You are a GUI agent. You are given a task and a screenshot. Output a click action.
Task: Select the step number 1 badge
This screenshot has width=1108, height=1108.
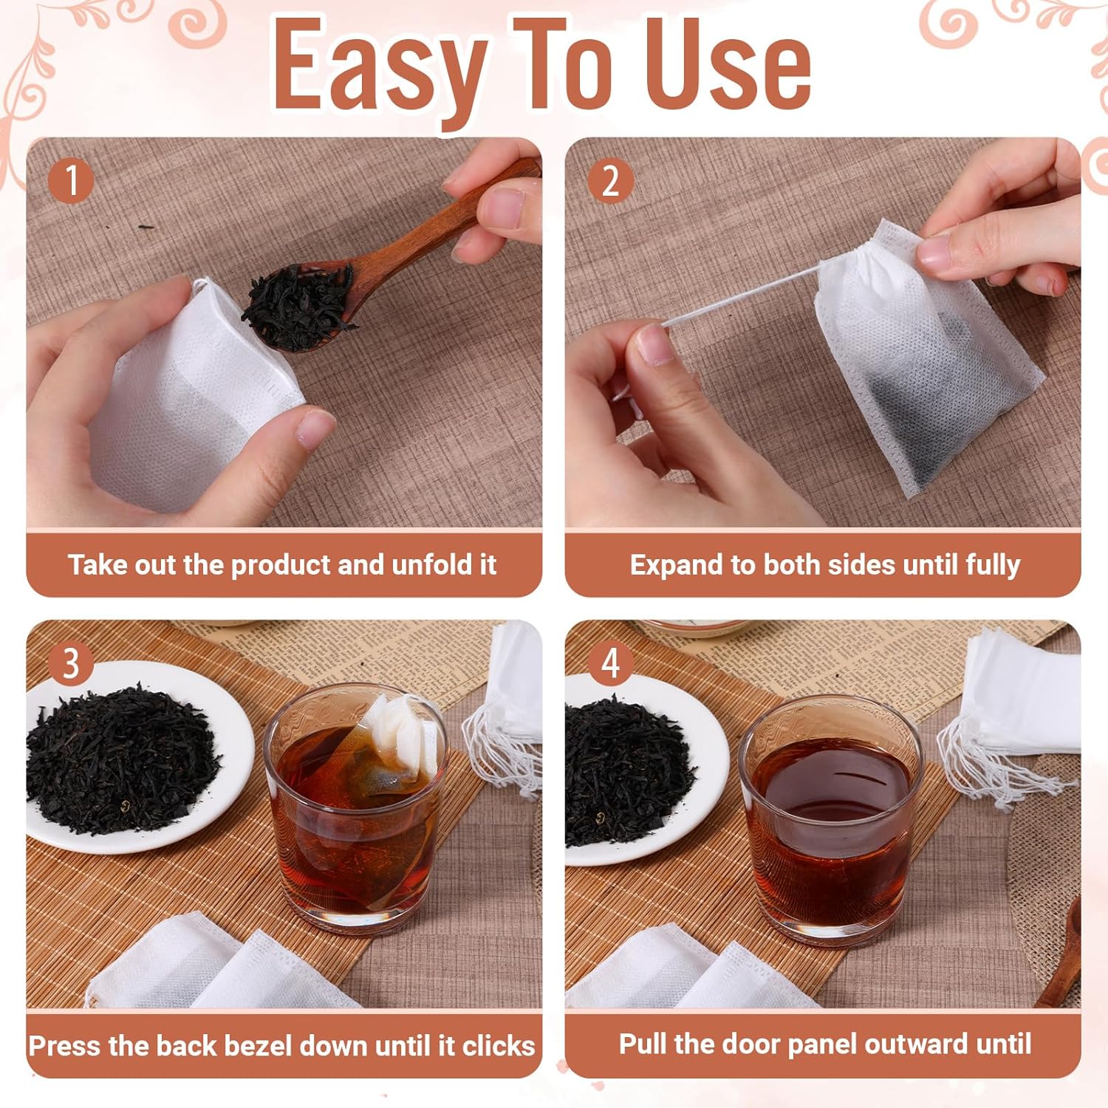(71, 179)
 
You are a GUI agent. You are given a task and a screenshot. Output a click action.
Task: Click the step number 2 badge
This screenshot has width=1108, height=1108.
(610, 179)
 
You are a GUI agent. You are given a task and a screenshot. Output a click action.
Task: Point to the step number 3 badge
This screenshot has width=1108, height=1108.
(71, 663)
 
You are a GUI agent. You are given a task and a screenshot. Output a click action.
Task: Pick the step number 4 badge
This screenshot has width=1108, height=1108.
(610, 663)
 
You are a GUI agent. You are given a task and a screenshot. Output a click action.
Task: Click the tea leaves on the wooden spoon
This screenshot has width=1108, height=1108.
(299, 304)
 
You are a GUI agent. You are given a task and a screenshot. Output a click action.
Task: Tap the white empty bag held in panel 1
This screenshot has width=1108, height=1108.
(196, 395)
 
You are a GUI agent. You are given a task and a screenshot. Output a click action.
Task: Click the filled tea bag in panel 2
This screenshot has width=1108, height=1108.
(927, 362)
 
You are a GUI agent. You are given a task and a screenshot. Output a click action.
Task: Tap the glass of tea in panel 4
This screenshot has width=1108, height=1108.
(831, 820)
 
